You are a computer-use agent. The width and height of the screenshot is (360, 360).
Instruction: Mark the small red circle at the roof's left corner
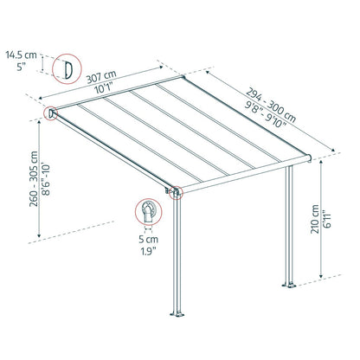click(51, 112)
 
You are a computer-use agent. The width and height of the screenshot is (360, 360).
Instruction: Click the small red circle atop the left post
click(177, 194)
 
